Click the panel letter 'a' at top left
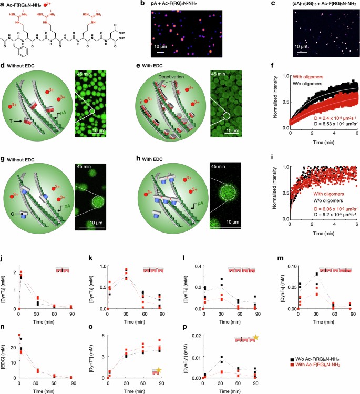(4, 5)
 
